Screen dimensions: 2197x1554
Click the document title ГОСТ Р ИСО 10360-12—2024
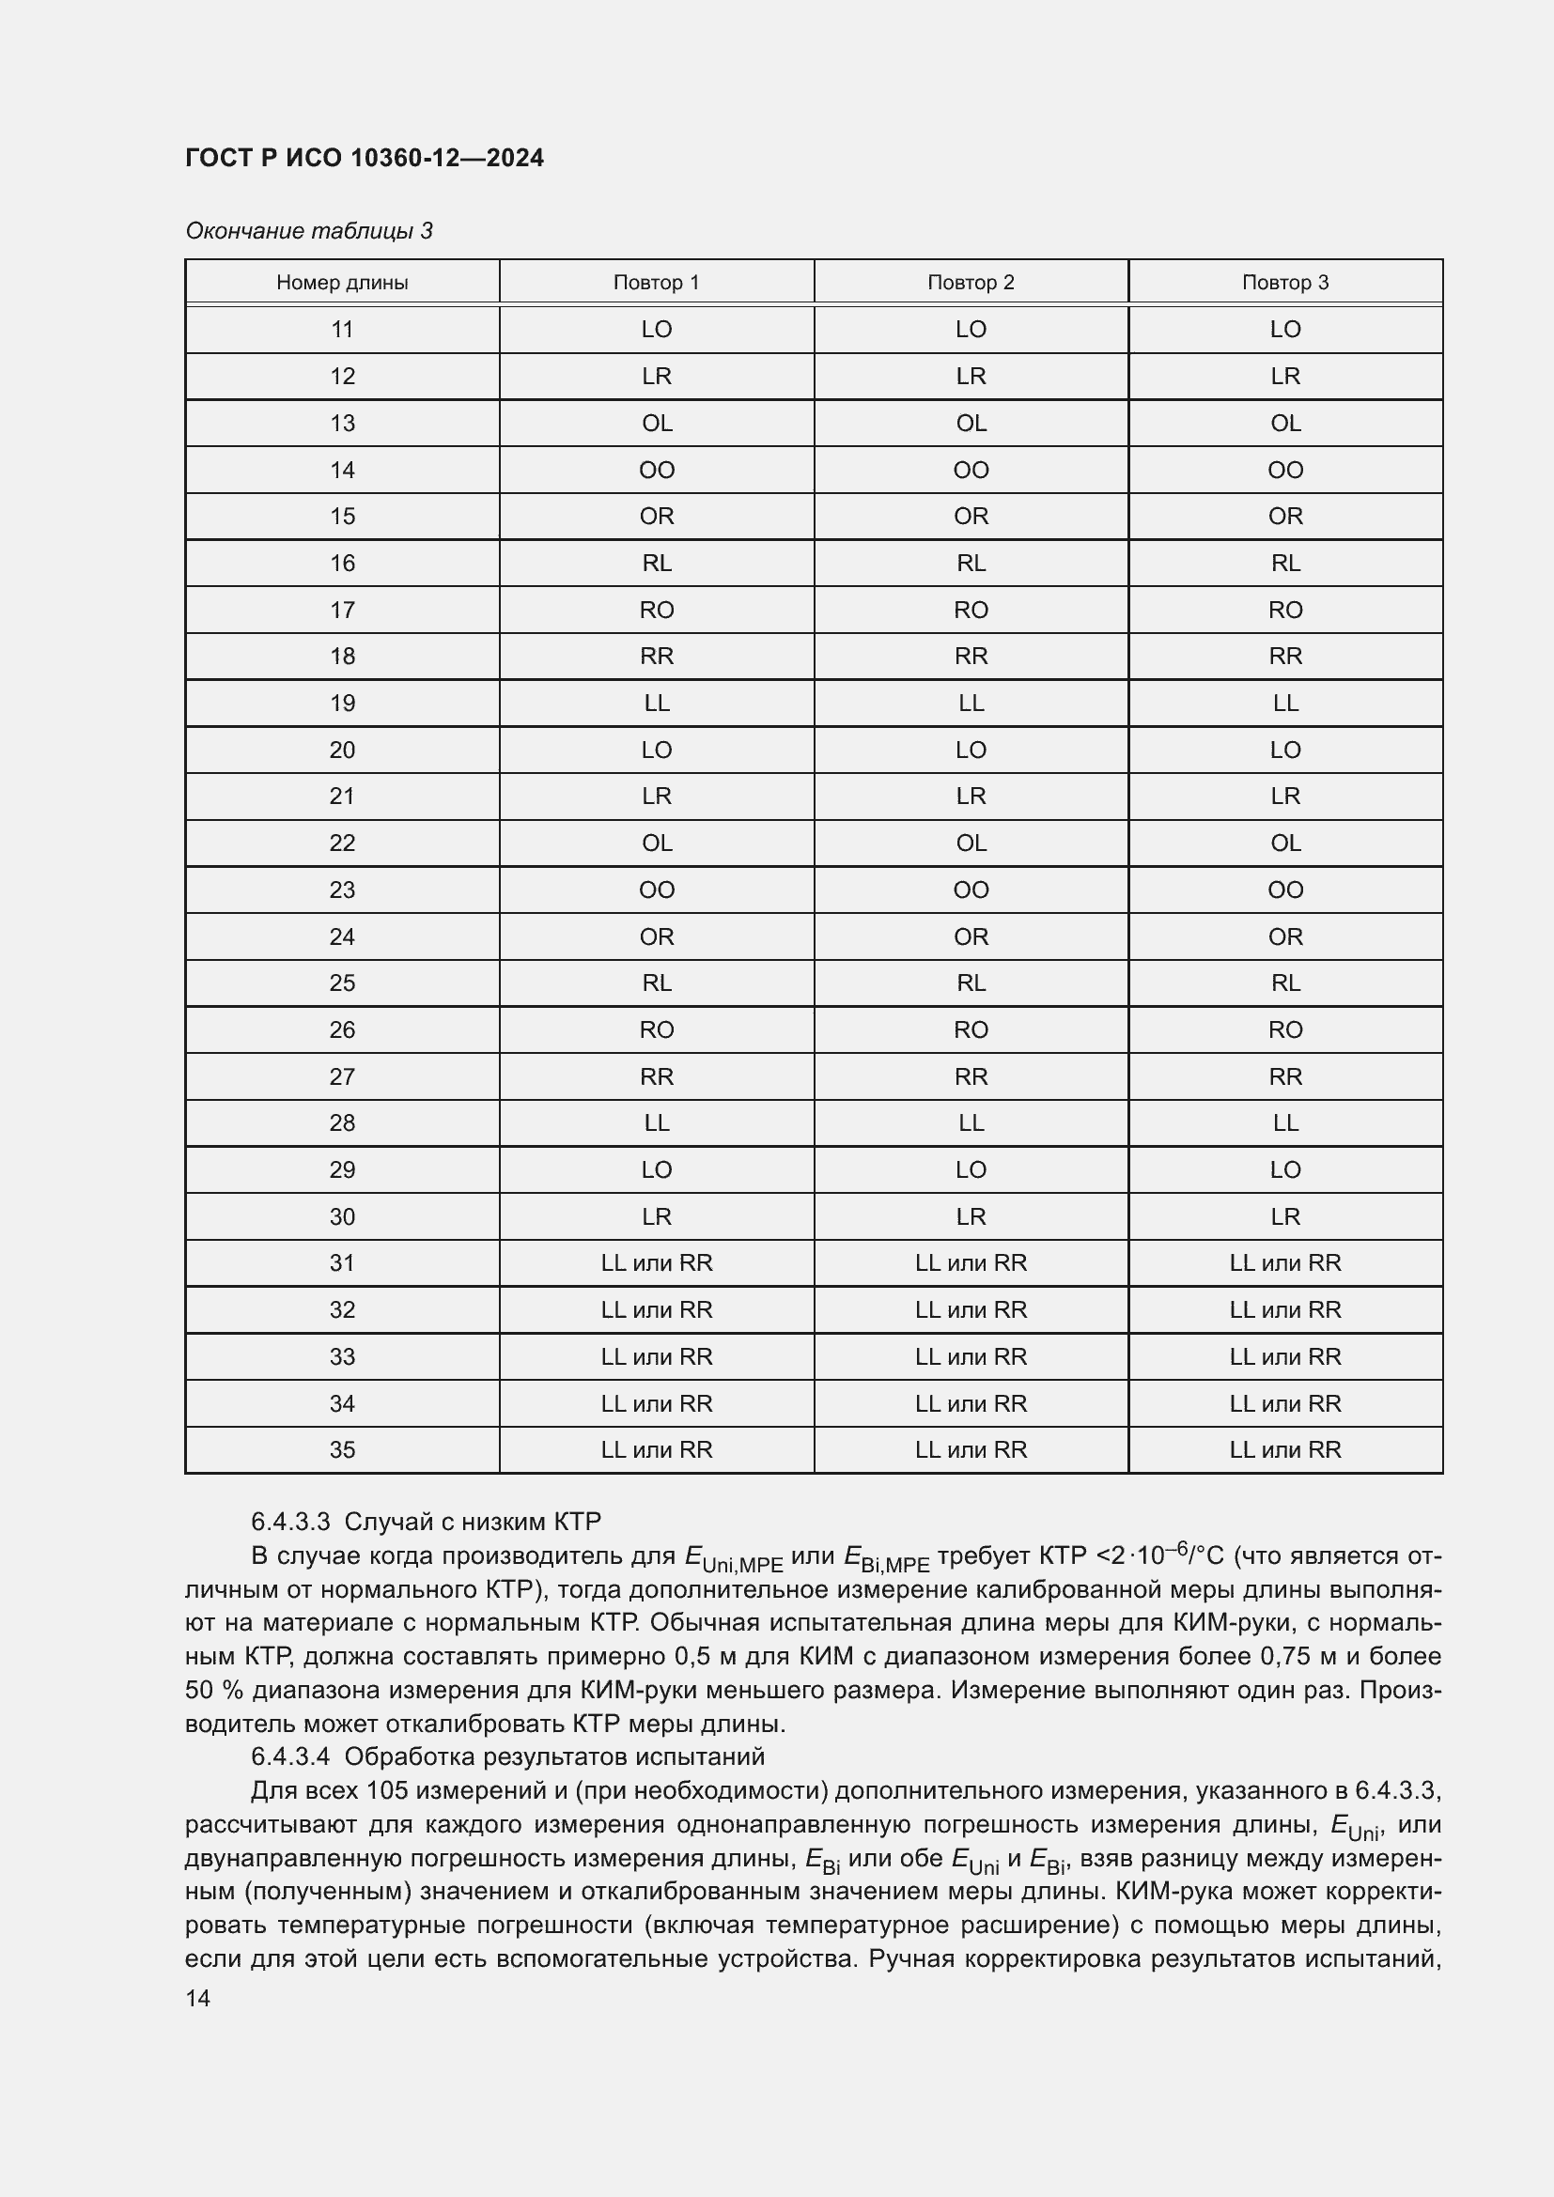pyautogui.click(x=365, y=158)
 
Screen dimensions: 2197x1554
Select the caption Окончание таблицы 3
pyautogui.click(x=309, y=231)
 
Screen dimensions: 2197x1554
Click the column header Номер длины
pyautogui.click(x=342, y=283)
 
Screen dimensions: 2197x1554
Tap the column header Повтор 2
pyautogui.click(x=971, y=283)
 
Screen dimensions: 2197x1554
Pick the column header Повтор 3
pyautogui.click(x=1284, y=283)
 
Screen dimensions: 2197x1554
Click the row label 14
pyautogui.click(x=342, y=470)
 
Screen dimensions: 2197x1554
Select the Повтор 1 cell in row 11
pyautogui.click(x=657, y=329)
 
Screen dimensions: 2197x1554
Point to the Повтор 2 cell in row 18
pyautogui.click(x=971, y=657)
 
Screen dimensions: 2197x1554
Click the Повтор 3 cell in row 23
pyautogui.click(x=1284, y=890)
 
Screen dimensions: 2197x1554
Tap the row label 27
pyautogui.click(x=342, y=1076)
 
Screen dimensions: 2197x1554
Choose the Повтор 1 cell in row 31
pyautogui.click(x=657, y=1263)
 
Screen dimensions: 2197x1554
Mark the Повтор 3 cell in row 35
pyautogui.click(x=1284, y=1449)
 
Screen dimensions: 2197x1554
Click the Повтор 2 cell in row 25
pyautogui.click(x=971, y=982)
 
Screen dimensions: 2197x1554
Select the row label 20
pyautogui.click(x=342, y=750)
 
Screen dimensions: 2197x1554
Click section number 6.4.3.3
pyautogui.click(x=290, y=1522)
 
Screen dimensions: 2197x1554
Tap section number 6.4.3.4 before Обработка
pyautogui.click(x=290, y=1756)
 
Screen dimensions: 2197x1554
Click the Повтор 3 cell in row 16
pyautogui.click(x=1284, y=564)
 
